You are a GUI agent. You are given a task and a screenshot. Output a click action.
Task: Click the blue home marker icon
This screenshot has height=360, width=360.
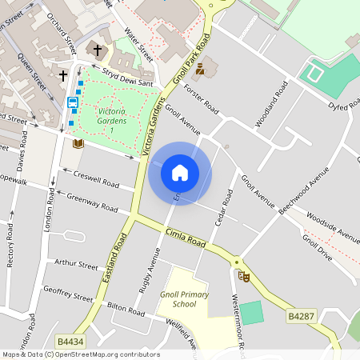[x=180, y=172]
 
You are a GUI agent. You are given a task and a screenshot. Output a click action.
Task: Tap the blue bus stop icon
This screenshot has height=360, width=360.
[x=73, y=102]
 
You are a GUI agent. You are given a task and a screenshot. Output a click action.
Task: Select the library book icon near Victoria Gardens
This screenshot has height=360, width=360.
[x=78, y=143]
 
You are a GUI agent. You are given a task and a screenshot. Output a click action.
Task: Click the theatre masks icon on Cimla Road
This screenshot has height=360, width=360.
[x=244, y=276]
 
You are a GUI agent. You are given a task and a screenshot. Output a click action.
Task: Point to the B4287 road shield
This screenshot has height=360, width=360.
[x=300, y=318]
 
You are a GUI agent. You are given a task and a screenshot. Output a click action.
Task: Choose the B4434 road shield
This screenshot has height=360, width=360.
[x=66, y=341]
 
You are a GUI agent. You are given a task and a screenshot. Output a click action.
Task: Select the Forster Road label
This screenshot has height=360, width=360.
[x=201, y=95]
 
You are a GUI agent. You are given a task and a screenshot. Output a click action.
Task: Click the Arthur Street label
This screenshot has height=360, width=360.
[x=77, y=264]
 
